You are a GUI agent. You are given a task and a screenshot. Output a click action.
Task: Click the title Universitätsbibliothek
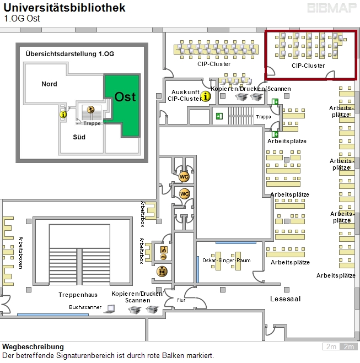click(x=65, y=8)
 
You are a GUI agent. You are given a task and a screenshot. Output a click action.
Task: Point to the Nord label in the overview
click(x=49, y=84)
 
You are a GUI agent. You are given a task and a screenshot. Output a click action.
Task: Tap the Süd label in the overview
click(x=79, y=137)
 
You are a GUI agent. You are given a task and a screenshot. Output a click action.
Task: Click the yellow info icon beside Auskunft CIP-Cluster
click(x=206, y=96)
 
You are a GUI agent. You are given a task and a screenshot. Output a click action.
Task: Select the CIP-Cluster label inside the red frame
click(x=308, y=66)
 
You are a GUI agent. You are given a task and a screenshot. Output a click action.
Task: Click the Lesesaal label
click(x=285, y=299)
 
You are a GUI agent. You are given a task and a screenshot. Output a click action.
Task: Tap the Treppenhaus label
click(x=78, y=295)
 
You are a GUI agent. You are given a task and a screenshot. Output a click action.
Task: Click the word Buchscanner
click(x=85, y=307)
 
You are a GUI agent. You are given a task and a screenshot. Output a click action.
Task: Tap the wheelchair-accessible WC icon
click(x=163, y=253)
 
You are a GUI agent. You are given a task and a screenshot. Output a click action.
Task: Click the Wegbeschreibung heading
click(x=33, y=347)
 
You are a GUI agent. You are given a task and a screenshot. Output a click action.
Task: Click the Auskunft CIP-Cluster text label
click(x=185, y=95)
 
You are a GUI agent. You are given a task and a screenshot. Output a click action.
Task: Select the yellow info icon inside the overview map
click(x=63, y=114)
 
